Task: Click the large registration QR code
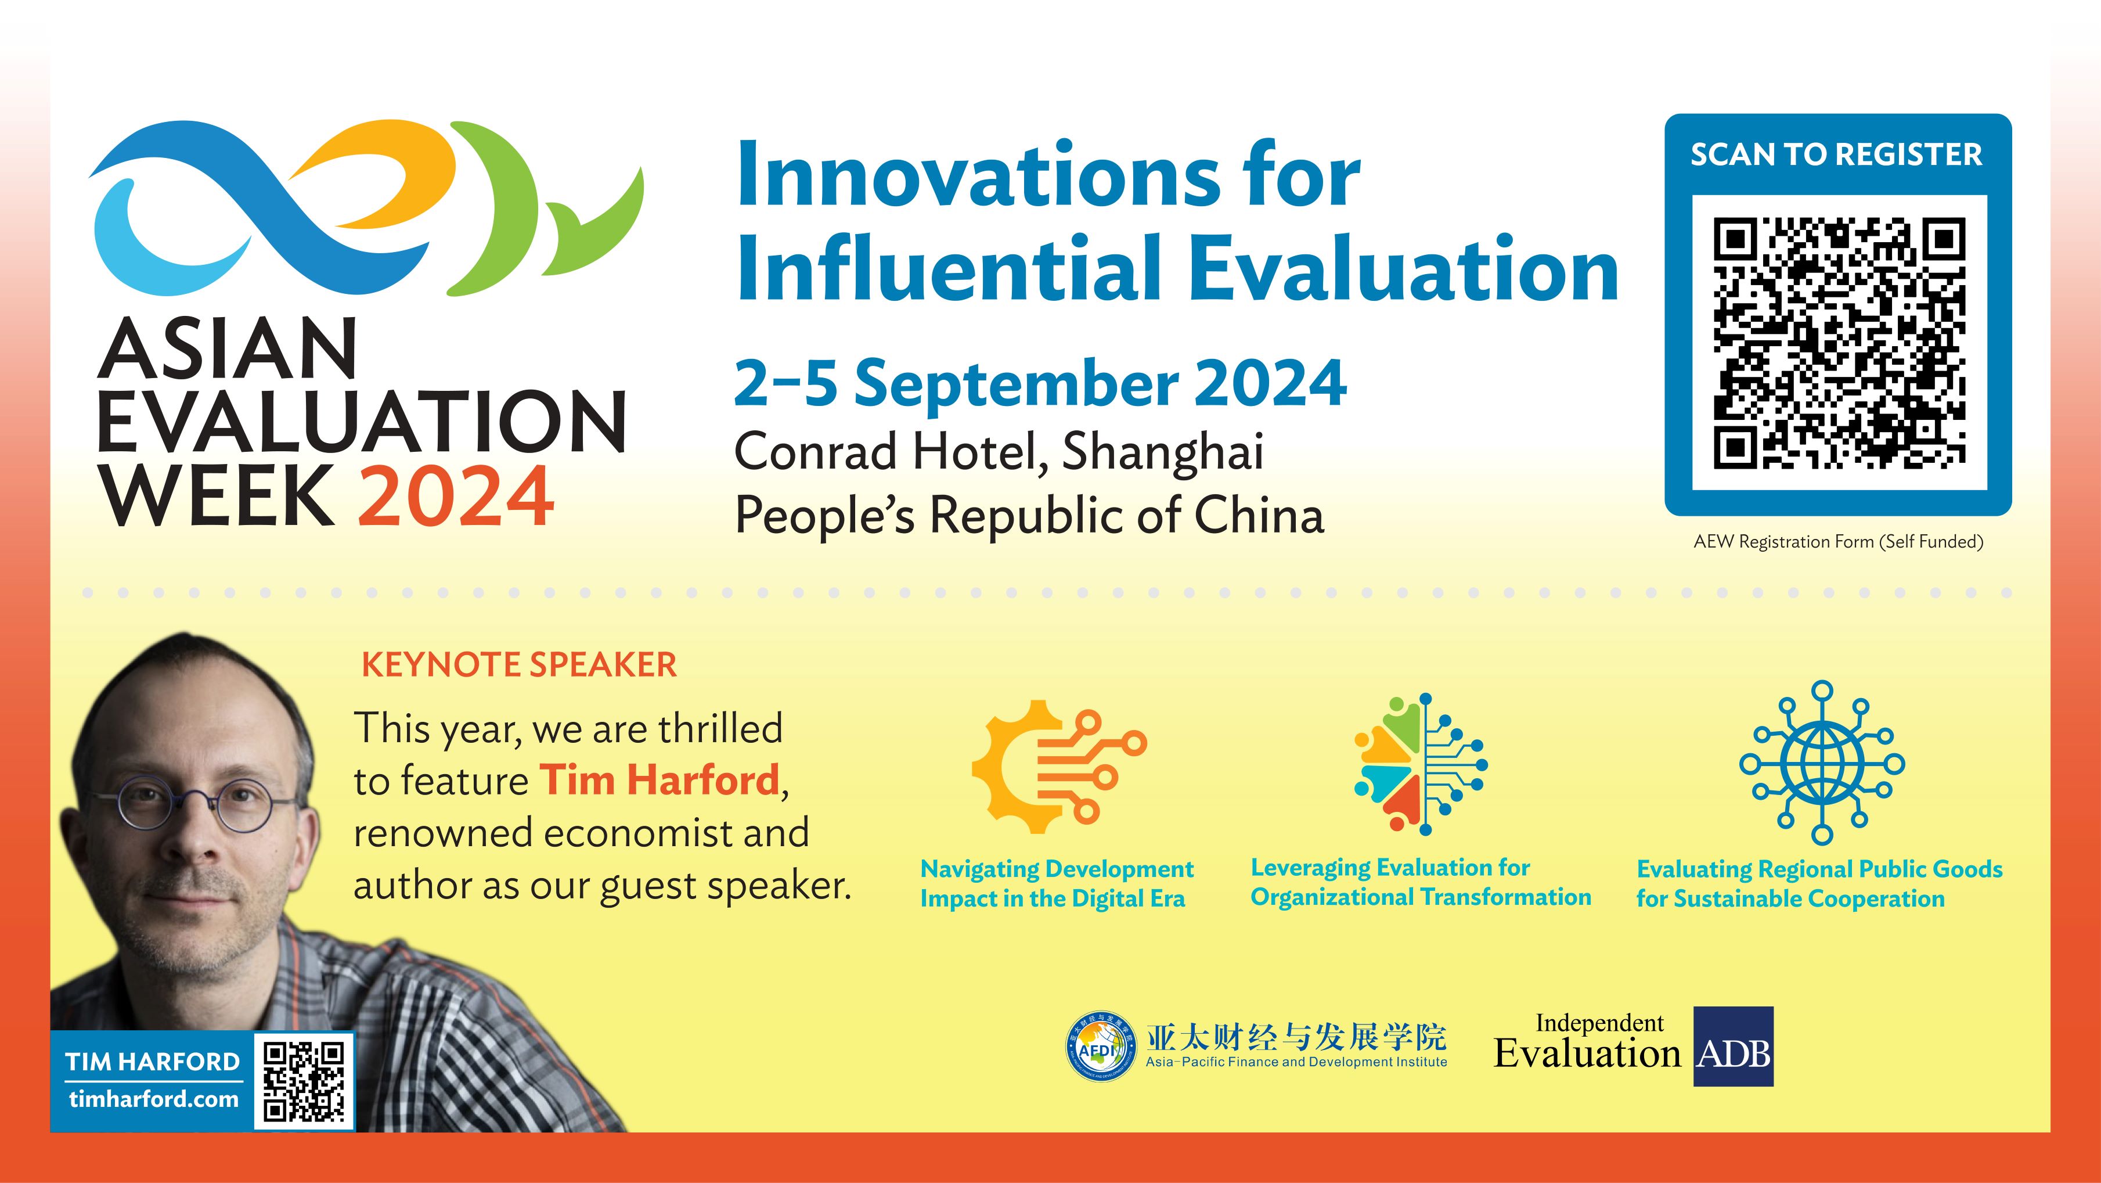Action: pyautogui.click(x=1839, y=343)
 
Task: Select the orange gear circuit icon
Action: pyautogui.click(x=1056, y=767)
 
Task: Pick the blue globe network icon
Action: pyautogui.click(x=1821, y=764)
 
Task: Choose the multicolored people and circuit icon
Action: pyautogui.click(x=1420, y=764)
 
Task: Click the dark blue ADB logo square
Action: pyautogui.click(x=1733, y=1047)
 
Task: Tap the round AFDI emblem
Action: pyautogui.click(x=1101, y=1047)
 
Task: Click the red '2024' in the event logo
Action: pyautogui.click(x=456, y=496)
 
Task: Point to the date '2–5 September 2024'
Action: pyautogui.click(x=1040, y=383)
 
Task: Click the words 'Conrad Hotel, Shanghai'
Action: pyautogui.click(x=999, y=451)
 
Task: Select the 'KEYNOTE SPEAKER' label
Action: pyautogui.click(x=519, y=665)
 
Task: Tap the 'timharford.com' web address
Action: pyautogui.click(x=153, y=1099)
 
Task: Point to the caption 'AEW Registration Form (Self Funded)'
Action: pyautogui.click(x=1839, y=542)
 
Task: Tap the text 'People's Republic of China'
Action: pyautogui.click(x=1029, y=516)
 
